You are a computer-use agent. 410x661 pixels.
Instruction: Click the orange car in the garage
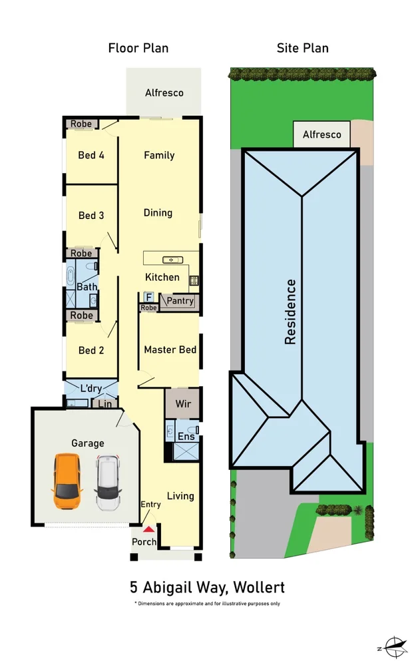tap(66, 481)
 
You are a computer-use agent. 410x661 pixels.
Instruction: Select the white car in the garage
tap(106, 481)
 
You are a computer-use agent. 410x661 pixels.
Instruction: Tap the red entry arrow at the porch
tap(150, 529)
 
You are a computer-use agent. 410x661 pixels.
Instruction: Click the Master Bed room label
tap(170, 349)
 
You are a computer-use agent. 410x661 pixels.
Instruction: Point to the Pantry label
tap(180, 301)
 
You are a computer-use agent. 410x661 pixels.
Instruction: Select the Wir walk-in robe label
tap(183, 403)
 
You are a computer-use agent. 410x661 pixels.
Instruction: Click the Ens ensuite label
tap(186, 437)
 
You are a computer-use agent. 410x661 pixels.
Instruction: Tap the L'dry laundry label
tap(92, 388)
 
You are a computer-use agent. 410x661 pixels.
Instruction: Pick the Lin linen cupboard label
tap(104, 403)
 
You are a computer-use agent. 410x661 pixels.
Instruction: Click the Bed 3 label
tap(91, 216)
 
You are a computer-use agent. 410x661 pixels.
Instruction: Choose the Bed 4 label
tap(91, 155)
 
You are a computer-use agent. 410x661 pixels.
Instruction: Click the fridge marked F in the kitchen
tap(148, 297)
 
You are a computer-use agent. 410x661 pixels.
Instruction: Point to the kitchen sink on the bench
tap(172, 259)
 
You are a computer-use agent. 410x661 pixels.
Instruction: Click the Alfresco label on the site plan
tap(321, 134)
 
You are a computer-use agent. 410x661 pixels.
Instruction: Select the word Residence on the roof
tap(290, 312)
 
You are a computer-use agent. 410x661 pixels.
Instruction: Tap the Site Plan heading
tap(303, 48)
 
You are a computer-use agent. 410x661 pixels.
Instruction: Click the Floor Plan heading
tap(138, 48)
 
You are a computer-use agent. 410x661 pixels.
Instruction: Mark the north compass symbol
tap(393, 646)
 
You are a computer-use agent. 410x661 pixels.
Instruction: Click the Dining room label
tap(158, 213)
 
